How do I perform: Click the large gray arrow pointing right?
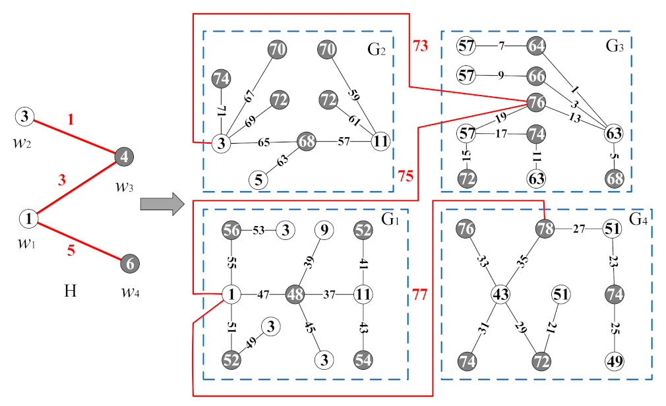[161, 204]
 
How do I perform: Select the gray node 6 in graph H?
[130, 264]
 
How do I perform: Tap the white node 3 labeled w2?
[24, 118]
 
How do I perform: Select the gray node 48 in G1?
[295, 294]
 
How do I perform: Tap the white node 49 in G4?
[615, 361]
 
